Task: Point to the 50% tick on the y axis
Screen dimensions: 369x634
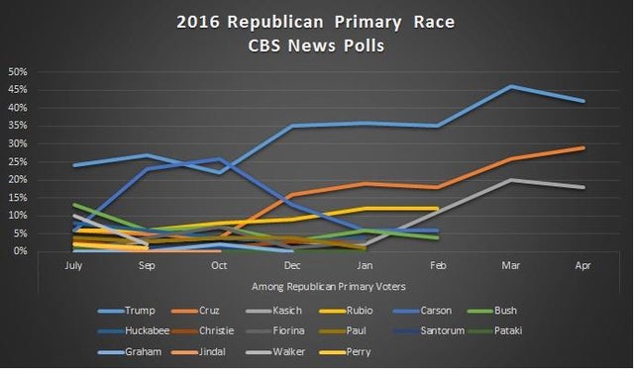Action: point(17,72)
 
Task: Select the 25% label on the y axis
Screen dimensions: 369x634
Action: point(17,161)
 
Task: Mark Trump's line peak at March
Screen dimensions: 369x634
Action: point(511,86)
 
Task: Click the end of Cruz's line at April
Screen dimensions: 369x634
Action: point(582,147)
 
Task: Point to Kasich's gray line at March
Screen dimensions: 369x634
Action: point(511,180)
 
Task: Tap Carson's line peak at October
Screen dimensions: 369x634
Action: point(220,158)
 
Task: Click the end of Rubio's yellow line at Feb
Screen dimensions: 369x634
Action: point(439,208)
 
